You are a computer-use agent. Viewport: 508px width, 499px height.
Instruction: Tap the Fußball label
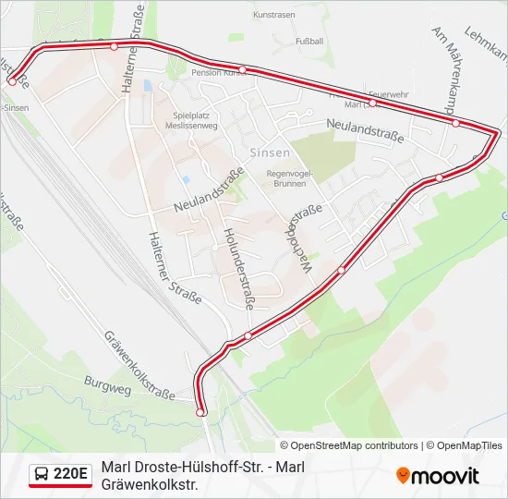coord(308,42)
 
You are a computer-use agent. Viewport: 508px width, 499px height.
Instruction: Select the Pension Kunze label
coord(216,73)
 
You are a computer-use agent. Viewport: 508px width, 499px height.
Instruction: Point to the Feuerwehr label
coord(388,94)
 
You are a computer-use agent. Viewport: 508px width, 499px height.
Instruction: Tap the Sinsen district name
coord(270,152)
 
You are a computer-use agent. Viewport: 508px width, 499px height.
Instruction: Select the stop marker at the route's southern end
coord(201,412)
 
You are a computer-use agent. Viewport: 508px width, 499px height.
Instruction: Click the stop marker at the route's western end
coord(11,81)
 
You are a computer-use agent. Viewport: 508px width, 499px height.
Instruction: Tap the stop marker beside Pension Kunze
coord(242,69)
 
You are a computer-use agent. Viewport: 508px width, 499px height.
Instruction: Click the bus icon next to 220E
coord(41,475)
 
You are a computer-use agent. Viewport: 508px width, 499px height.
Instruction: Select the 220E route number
coord(71,475)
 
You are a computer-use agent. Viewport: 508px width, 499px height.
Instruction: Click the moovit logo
coord(438,476)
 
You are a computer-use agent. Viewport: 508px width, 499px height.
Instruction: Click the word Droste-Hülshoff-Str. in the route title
coord(197,467)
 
